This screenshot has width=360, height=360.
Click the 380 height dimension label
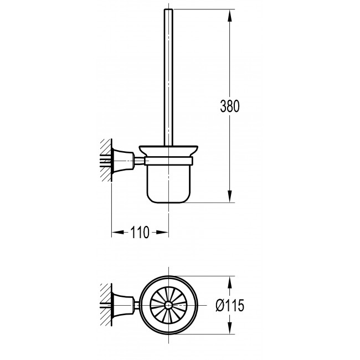[230, 106]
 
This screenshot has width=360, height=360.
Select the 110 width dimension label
[140, 233]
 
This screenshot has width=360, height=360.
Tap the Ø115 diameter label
[230, 305]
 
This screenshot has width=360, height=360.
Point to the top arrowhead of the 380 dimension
[230, 16]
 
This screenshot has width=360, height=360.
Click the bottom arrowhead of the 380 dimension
[230, 196]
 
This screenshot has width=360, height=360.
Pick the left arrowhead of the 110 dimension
[118, 233]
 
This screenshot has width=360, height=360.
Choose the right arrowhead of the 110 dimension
[162, 233]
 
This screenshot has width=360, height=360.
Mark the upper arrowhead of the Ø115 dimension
[230, 282]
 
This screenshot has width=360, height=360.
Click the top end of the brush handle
[168, 9]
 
